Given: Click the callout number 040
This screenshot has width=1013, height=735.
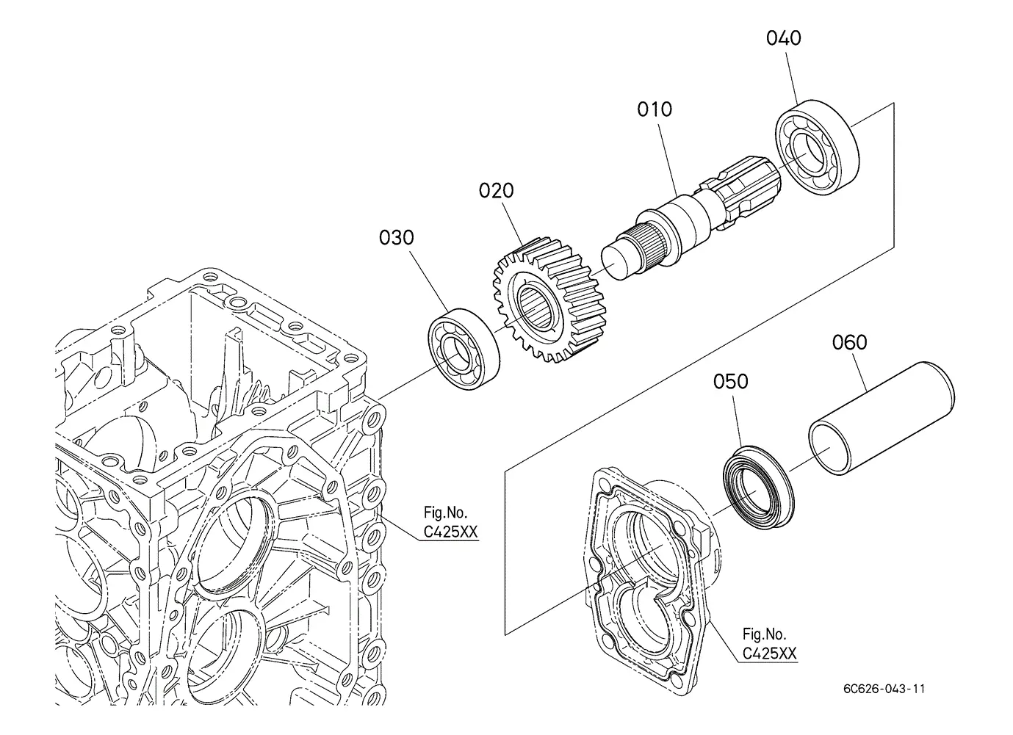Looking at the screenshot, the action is tap(783, 38).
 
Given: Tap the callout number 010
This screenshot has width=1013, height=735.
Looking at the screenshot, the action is tap(655, 109).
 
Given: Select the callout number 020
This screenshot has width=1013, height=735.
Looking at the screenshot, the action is tap(496, 191).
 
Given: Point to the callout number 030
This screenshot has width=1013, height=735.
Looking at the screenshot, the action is tap(396, 238).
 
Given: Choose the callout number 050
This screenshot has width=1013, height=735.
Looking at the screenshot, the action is tap(730, 382).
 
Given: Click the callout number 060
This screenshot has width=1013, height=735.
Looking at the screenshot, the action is tap(849, 343).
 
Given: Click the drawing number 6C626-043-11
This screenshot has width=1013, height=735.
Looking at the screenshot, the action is tap(884, 689).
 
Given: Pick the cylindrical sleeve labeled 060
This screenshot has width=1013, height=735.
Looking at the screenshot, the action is tap(882, 418).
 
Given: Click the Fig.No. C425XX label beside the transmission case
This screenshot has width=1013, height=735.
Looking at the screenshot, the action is tap(450, 522).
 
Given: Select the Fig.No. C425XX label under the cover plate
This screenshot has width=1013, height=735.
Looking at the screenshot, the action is tap(769, 644).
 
